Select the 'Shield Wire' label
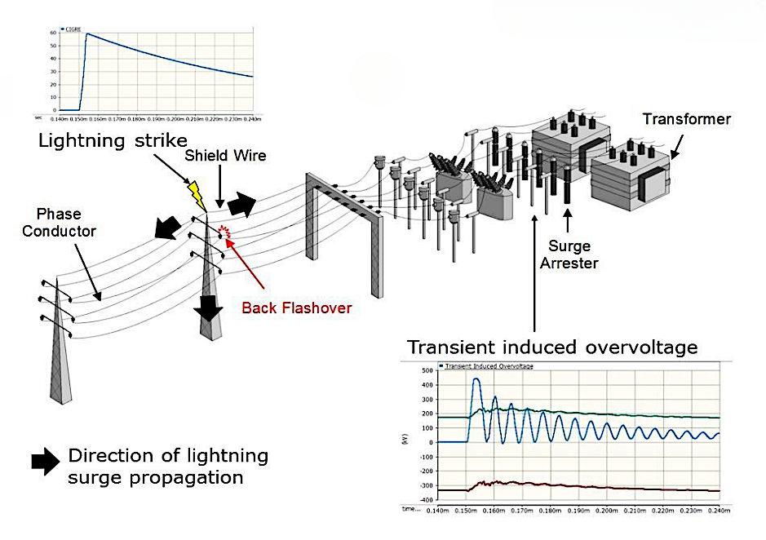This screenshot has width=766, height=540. pyautogui.click(x=224, y=156)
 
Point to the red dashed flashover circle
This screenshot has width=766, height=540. pyautogui.click(x=222, y=234)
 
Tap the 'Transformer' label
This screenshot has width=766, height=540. pyautogui.click(x=686, y=119)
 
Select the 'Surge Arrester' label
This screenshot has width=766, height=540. pyautogui.click(x=568, y=255)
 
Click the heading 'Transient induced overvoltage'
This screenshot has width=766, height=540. pyautogui.click(x=552, y=347)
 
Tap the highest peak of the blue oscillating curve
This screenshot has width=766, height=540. pyautogui.click(x=476, y=379)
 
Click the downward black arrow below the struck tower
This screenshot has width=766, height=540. pyautogui.click(x=210, y=307)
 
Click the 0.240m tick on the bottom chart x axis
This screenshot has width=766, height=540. pyautogui.click(x=717, y=511)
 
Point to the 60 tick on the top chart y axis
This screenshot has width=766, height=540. pyautogui.click(x=53, y=33)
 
